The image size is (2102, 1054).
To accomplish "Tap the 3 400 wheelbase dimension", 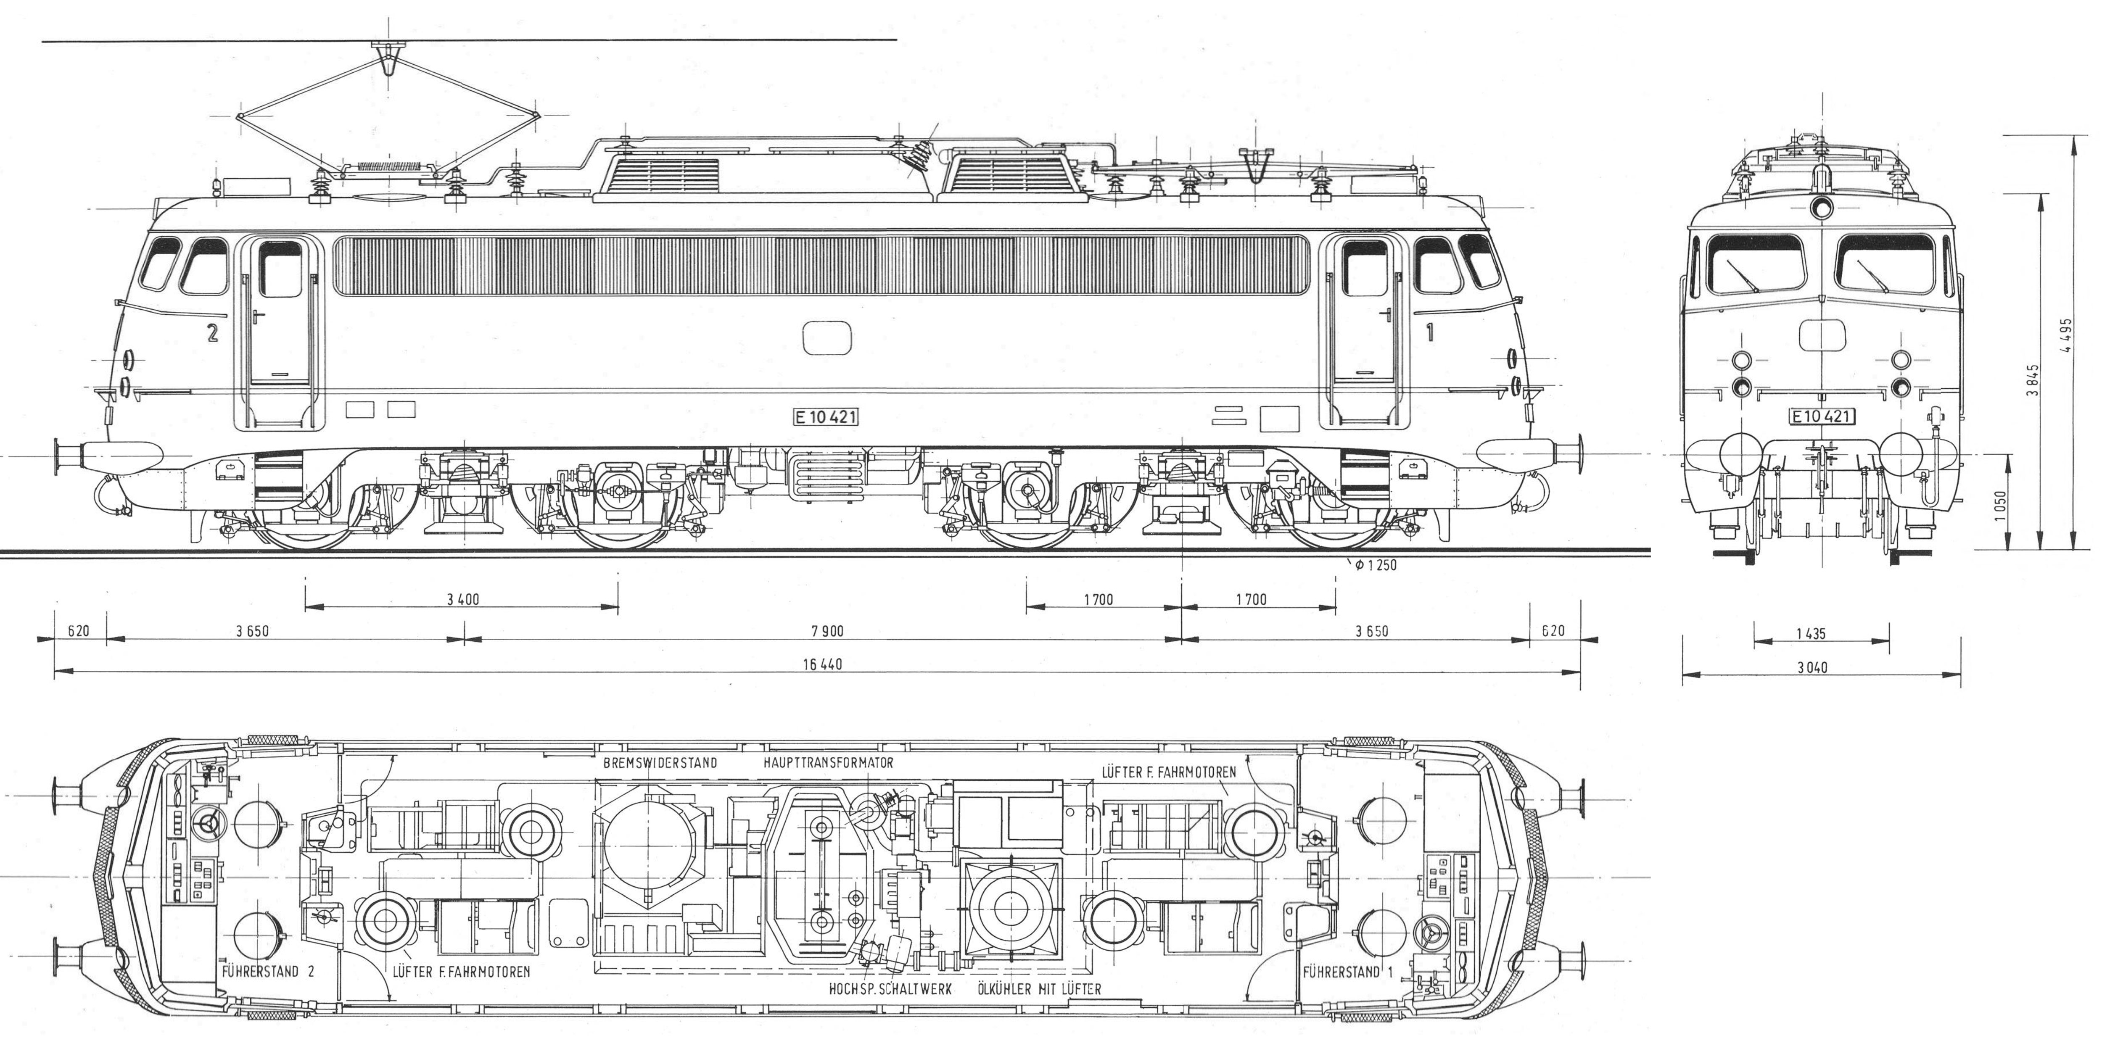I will coord(463,600).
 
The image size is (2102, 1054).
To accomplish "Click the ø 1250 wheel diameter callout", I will coord(1376,564).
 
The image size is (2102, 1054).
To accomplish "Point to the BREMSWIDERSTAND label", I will coord(660,763).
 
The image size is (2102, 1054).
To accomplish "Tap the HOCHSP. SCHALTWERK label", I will coord(890,990).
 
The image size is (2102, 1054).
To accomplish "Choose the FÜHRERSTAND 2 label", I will coord(268,972).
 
